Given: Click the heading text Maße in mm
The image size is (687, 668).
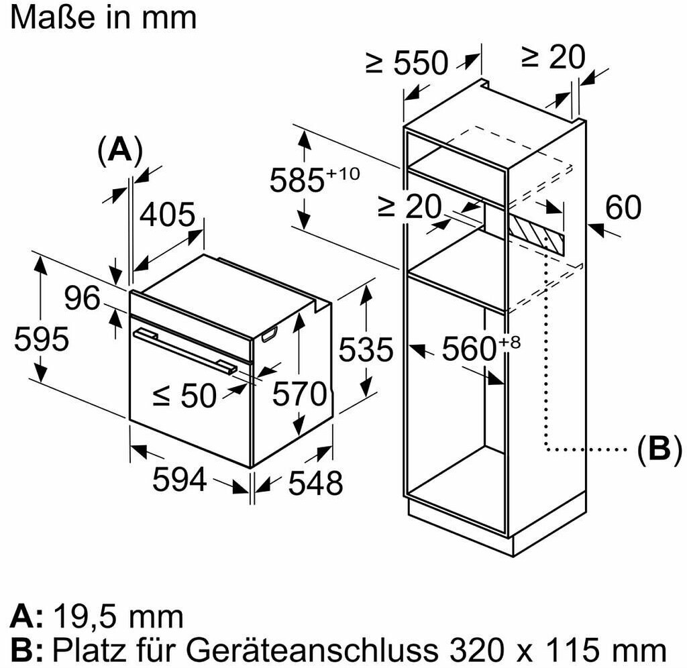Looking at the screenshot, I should pyautogui.click(x=104, y=17).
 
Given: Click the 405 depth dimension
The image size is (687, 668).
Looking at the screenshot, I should pyautogui.click(x=168, y=215).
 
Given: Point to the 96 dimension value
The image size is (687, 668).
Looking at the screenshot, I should pyautogui.click(x=83, y=298).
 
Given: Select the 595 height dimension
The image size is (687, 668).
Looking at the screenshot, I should pyautogui.click(x=41, y=339).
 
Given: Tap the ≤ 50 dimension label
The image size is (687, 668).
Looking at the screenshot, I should pyautogui.click(x=184, y=396).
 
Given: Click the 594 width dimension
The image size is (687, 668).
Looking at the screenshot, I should pyautogui.click(x=179, y=479).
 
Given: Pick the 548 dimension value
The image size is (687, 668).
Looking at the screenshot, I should pyautogui.click(x=315, y=482).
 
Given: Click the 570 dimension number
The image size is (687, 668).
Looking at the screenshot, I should pyautogui.click(x=299, y=394).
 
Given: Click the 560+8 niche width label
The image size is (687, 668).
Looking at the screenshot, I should pyautogui.click(x=480, y=348).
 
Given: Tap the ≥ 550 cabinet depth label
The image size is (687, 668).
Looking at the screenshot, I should pyautogui.click(x=407, y=63).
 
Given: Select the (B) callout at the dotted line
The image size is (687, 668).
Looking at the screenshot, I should pyautogui.click(x=653, y=449).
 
